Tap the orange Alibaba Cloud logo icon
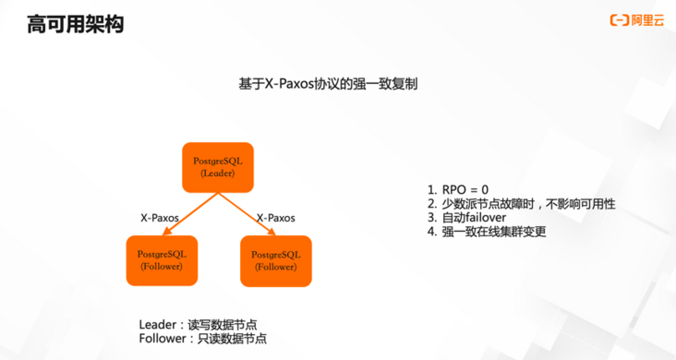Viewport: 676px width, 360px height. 618,18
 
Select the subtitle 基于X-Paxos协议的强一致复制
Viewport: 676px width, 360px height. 328,83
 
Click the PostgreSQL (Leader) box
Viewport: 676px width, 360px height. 218,167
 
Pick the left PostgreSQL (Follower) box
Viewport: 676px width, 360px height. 162,260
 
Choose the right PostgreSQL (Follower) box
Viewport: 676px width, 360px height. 276,260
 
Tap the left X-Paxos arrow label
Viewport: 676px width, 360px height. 160,219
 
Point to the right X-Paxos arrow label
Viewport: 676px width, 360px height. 275,219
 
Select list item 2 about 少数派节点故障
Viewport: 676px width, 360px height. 521,203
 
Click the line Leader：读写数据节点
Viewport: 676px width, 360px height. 198,324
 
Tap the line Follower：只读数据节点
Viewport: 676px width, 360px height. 202,339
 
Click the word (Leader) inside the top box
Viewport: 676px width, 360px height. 218,174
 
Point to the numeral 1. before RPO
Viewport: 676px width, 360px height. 431,189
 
